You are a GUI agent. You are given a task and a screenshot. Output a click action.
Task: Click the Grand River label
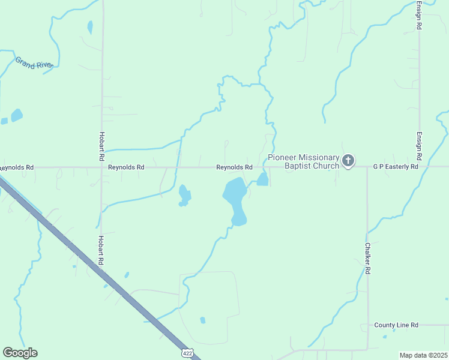[34, 63]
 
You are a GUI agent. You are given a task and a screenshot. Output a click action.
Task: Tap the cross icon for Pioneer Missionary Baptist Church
[348, 161]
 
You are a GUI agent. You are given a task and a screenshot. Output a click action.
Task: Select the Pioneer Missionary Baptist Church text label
[303, 161]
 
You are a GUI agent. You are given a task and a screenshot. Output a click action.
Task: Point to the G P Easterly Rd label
[395, 167]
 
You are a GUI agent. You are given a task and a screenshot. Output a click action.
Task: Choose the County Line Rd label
[396, 325]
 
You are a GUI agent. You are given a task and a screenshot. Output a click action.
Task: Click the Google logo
[20, 353]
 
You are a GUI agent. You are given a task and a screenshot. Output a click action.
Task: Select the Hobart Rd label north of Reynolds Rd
[102, 146]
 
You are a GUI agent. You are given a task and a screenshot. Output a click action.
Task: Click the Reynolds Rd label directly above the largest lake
[234, 167]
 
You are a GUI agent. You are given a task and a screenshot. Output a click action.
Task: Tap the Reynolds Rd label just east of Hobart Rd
[126, 167]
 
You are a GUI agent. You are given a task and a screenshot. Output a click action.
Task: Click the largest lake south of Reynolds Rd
[235, 199]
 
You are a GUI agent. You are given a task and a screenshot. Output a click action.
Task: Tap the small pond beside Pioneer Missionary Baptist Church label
[262, 179]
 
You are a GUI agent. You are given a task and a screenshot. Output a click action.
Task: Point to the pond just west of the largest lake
[184, 195]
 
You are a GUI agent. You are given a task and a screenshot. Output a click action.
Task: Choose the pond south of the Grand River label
[16, 115]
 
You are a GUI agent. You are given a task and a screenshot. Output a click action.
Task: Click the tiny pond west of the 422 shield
[202, 320]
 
